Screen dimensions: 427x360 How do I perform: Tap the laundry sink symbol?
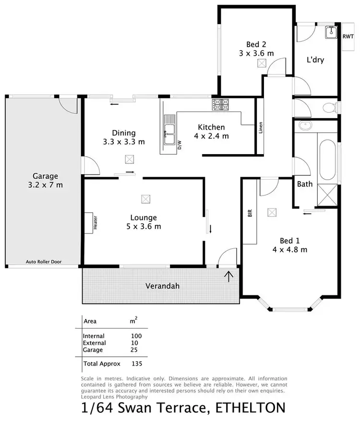(x=331, y=32)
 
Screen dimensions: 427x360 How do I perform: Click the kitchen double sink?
(x=168, y=130)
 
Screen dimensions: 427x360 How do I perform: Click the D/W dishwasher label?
(x=180, y=145)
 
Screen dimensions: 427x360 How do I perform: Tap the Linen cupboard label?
(x=261, y=128)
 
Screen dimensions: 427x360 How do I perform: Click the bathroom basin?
(x=304, y=126)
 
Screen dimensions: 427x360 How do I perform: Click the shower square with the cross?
(x=328, y=196)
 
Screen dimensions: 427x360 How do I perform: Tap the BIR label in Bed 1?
(x=250, y=213)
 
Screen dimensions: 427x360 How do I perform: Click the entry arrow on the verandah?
(x=229, y=276)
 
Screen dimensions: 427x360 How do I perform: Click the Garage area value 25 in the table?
(x=134, y=350)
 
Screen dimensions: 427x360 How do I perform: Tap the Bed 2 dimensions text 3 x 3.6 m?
(x=256, y=53)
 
